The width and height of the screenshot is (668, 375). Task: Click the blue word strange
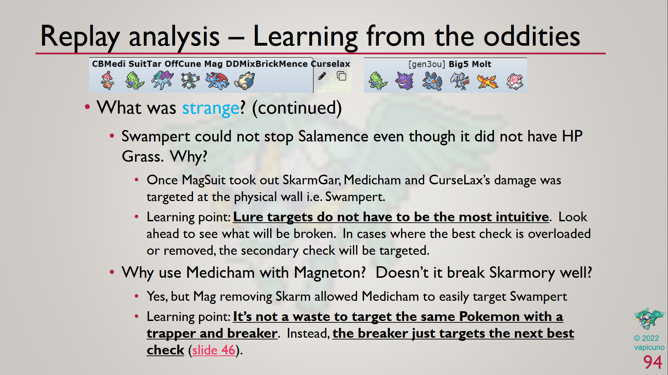211,108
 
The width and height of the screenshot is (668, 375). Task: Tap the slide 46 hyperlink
214,350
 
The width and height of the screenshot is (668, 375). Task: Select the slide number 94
653,362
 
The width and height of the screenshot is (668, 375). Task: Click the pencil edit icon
322,76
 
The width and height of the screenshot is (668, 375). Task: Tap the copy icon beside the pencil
341,76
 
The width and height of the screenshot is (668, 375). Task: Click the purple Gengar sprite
405,81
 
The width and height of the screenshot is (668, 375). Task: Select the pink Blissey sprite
514,82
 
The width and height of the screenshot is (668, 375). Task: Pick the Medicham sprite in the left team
107,80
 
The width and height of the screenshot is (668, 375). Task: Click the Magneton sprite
190,81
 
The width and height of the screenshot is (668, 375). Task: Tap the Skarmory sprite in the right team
459,81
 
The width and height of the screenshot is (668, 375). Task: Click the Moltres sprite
487,82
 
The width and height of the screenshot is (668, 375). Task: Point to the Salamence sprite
217,81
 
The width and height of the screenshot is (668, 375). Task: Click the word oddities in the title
532,36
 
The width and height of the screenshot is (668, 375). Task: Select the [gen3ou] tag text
427,64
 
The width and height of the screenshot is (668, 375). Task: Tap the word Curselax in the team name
330,64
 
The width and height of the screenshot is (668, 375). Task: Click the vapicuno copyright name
649,347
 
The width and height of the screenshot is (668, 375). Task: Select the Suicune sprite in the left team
162,80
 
